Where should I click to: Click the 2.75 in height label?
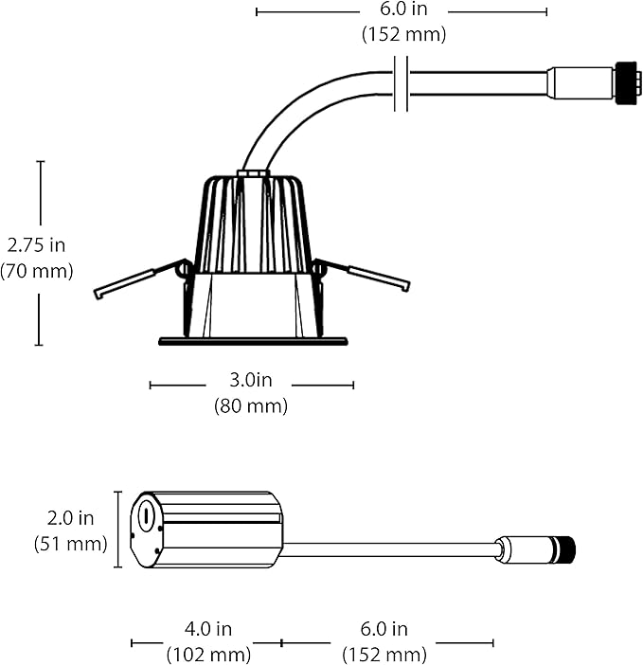click(36, 245)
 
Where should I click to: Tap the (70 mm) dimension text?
click(36, 271)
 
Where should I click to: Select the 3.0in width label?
click(251, 380)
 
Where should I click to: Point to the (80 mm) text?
click(251, 405)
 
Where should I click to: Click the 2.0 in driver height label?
click(70, 518)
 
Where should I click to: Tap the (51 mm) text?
click(70, 544)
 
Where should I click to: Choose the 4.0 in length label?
click(208, 628)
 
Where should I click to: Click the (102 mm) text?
click(208, 655)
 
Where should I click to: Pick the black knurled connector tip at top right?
click(627, 83)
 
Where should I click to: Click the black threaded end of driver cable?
click(565, 550)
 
